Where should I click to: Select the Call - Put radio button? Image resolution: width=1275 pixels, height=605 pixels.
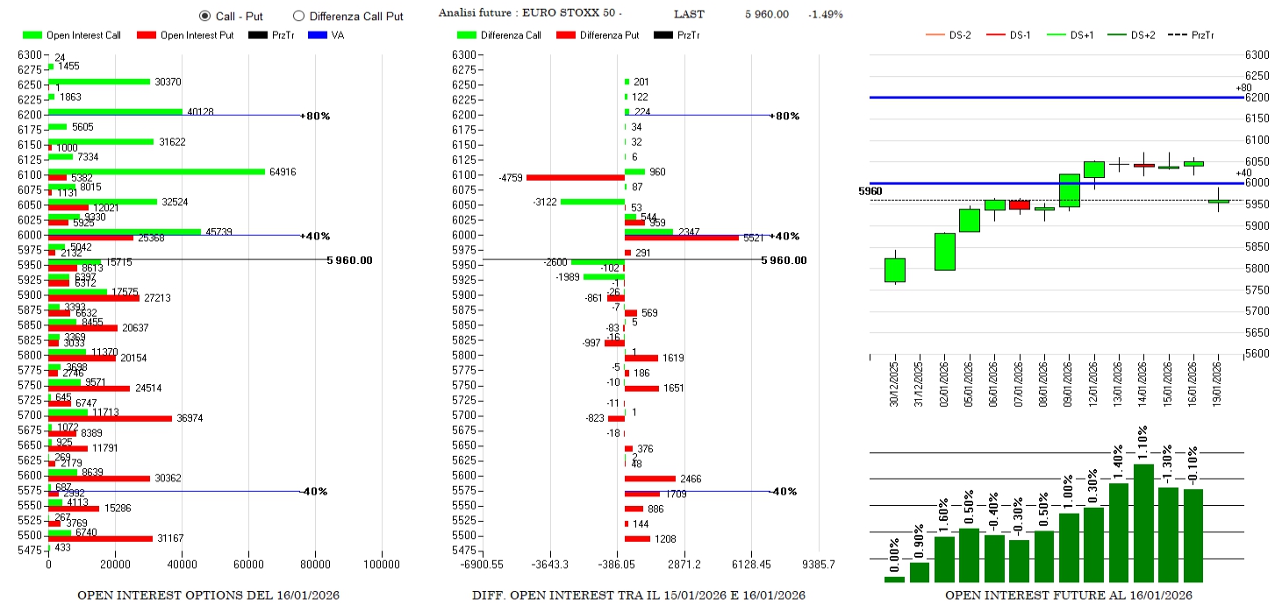click(205, 16)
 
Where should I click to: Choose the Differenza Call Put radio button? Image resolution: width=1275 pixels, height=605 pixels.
click(298, 16)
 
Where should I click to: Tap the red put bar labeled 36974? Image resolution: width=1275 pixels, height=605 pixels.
click(110, 418)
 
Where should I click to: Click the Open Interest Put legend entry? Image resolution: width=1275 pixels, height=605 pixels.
click(184, 35)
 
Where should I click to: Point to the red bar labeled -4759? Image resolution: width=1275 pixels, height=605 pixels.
click(575, 177)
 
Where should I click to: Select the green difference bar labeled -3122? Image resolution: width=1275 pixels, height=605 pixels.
click(592, 202)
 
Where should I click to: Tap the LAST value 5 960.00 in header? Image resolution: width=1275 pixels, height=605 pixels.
click(766, 14)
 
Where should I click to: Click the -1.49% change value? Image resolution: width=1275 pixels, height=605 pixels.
click(825, 14)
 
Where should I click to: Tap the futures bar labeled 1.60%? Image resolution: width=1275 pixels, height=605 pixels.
click(944, 559)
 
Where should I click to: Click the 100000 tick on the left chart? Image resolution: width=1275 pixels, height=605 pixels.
click(383, 565)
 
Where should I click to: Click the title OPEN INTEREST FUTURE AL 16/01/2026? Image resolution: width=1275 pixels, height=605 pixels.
click(1068, 595)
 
